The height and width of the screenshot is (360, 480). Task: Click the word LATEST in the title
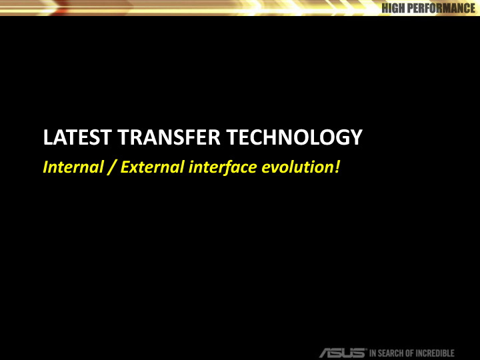73,138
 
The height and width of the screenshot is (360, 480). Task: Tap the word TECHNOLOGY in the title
294,138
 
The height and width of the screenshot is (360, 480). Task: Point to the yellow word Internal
70,166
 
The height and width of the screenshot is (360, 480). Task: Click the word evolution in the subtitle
296,166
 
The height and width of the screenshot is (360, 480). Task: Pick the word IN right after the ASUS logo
373,353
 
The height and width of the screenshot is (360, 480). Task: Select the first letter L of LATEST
47,138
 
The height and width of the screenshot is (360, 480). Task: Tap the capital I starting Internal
45,166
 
